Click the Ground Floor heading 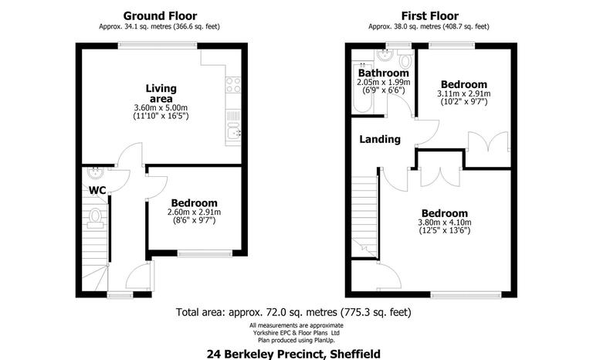[x=159, y=15]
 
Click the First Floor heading [x=429, y=15]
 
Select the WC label [x=97, y=188]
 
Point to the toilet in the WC [x=96, y=218]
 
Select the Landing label [x=380, y=140]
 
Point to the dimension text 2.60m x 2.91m [x=194, y=212]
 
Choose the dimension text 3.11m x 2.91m [x=464, y=93]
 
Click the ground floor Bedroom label [x=194, y=202]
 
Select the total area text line [x=296, y=313]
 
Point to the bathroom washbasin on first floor [x=384, y=56]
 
